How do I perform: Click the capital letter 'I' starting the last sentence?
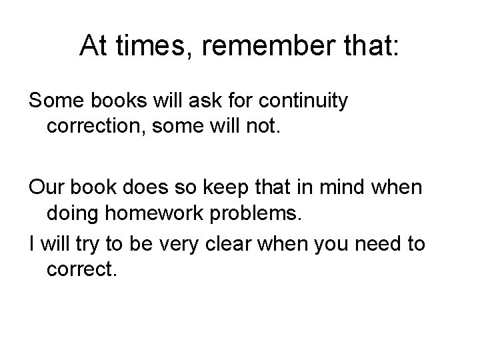32,244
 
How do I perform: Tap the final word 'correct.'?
82,269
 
